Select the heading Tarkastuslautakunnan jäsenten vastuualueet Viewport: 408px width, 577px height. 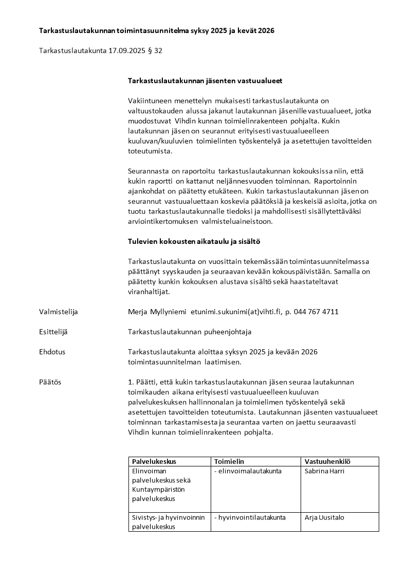pyautogui.click(x=205, y=81)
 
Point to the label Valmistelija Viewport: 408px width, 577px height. pyautogui.click(x=59, y=312)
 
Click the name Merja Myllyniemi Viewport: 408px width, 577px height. pyautogui.click(x=157, y=312)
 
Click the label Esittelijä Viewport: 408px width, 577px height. pyautogui.click(x=53, y=332)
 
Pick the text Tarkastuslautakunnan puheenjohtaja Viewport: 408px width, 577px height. pyautogui.click(x=190, y=332)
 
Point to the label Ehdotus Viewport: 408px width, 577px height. pyautogui.click(x=52, y=352)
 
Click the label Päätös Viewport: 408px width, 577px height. pyautogui.click(x=50, y=382)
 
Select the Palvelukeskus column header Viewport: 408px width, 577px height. pyautogui.click(x=154, y=461)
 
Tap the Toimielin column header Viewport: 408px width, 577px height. pyautogui.click(x=229, y=461)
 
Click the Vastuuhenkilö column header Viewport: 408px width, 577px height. pyautogui.click(x=328, y=461)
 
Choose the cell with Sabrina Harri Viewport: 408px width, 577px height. pyautogui.click(x=325, y=471)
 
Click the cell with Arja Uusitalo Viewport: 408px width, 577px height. pyautogui.click(x=325, y=517)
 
